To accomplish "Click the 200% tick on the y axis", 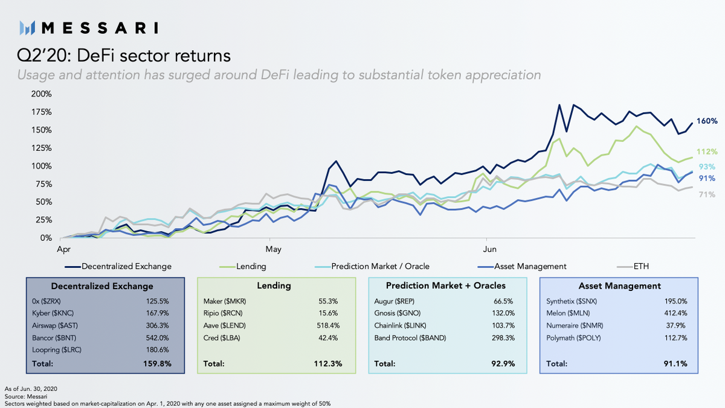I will click(x=41, y=94).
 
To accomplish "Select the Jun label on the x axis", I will click(x=486, y=247).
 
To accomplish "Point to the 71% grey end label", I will click(x=707, y=194).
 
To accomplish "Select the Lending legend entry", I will click(x=251, y=266).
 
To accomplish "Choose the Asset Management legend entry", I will click(x=530, y=266).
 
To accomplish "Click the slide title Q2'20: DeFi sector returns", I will click(x=124, y=56).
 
